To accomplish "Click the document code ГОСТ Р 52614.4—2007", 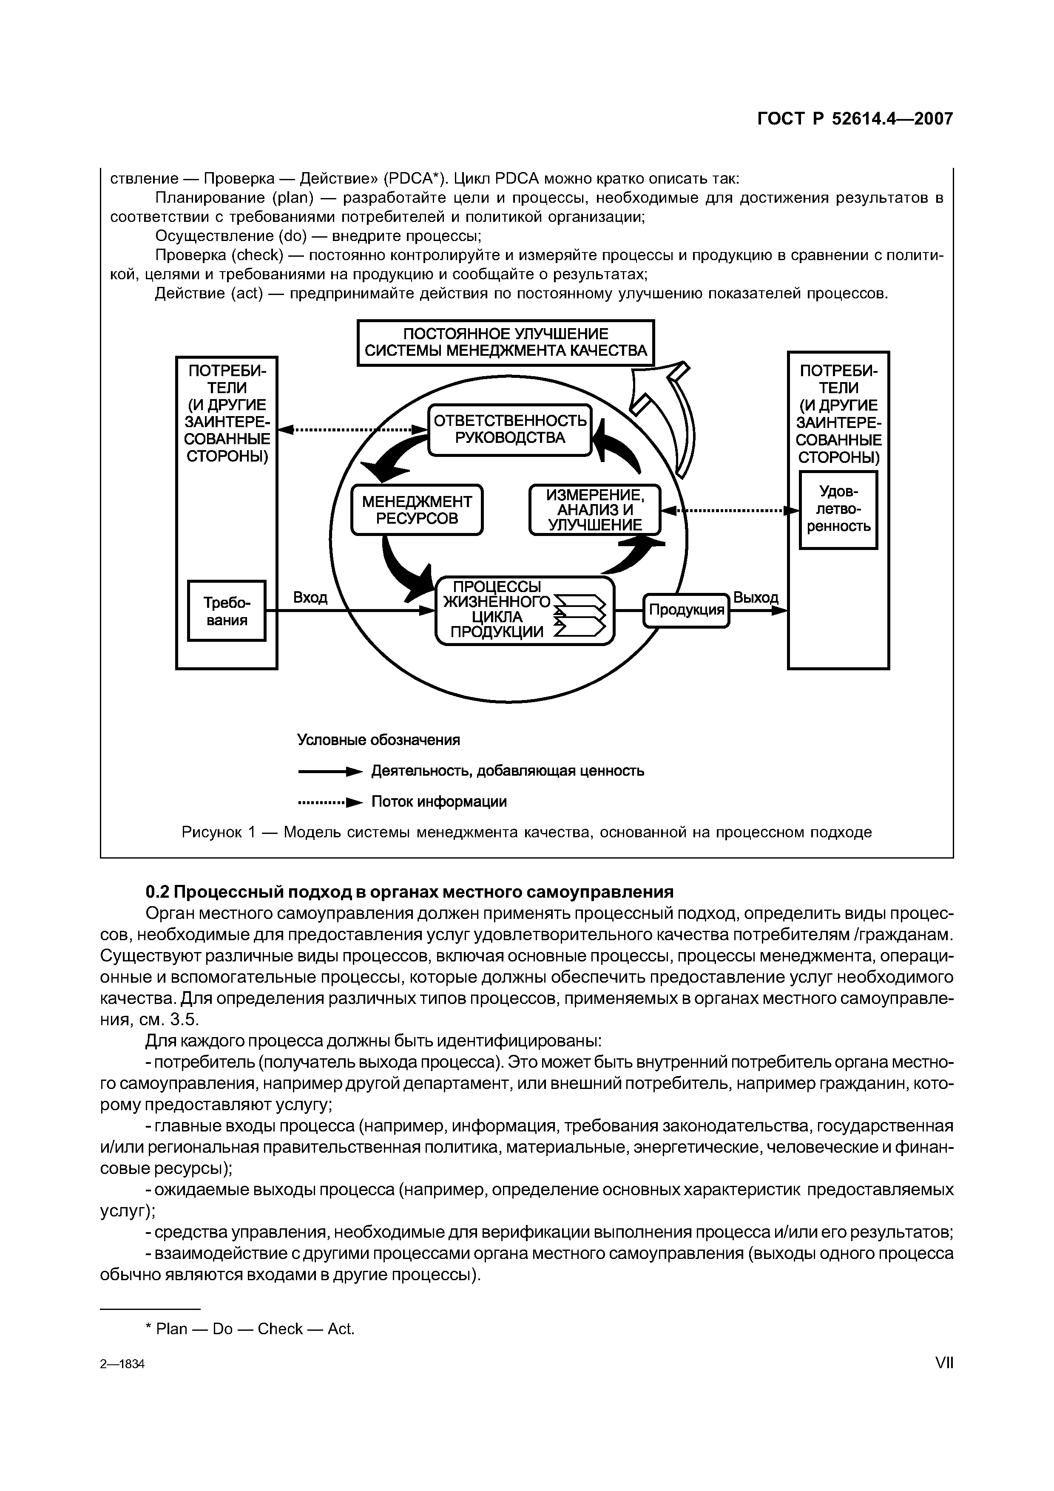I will tap(855, 119).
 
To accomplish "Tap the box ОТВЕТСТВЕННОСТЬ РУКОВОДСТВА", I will tap(510, 429).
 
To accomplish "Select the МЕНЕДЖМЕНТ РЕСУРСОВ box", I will tap(417, 510).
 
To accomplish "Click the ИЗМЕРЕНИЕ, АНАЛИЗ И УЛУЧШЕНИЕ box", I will tap(594, 510).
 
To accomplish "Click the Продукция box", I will tap(686, 610).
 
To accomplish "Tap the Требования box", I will tap(226, 610).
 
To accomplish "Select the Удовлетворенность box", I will tap(838, 510).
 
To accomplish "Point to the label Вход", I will tap(310, 597).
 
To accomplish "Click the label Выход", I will tap(755, 597).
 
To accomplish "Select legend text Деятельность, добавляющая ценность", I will tap(507, 771).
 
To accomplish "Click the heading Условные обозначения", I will tap(378, 740).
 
